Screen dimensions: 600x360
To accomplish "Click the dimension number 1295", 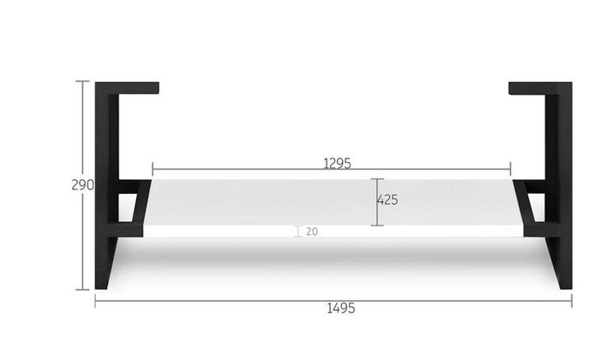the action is pyautogui.click(x=337, y=164).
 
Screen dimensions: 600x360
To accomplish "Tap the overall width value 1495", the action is pyautogui.click(x=340, y=308).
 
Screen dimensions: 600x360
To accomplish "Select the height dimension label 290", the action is pyautogui.click(x=82, y=185).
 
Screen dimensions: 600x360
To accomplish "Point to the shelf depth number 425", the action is pyautogui.click(x=388, y=200).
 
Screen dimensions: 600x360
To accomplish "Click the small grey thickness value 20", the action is pyautogui.click(x=312, y=231).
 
